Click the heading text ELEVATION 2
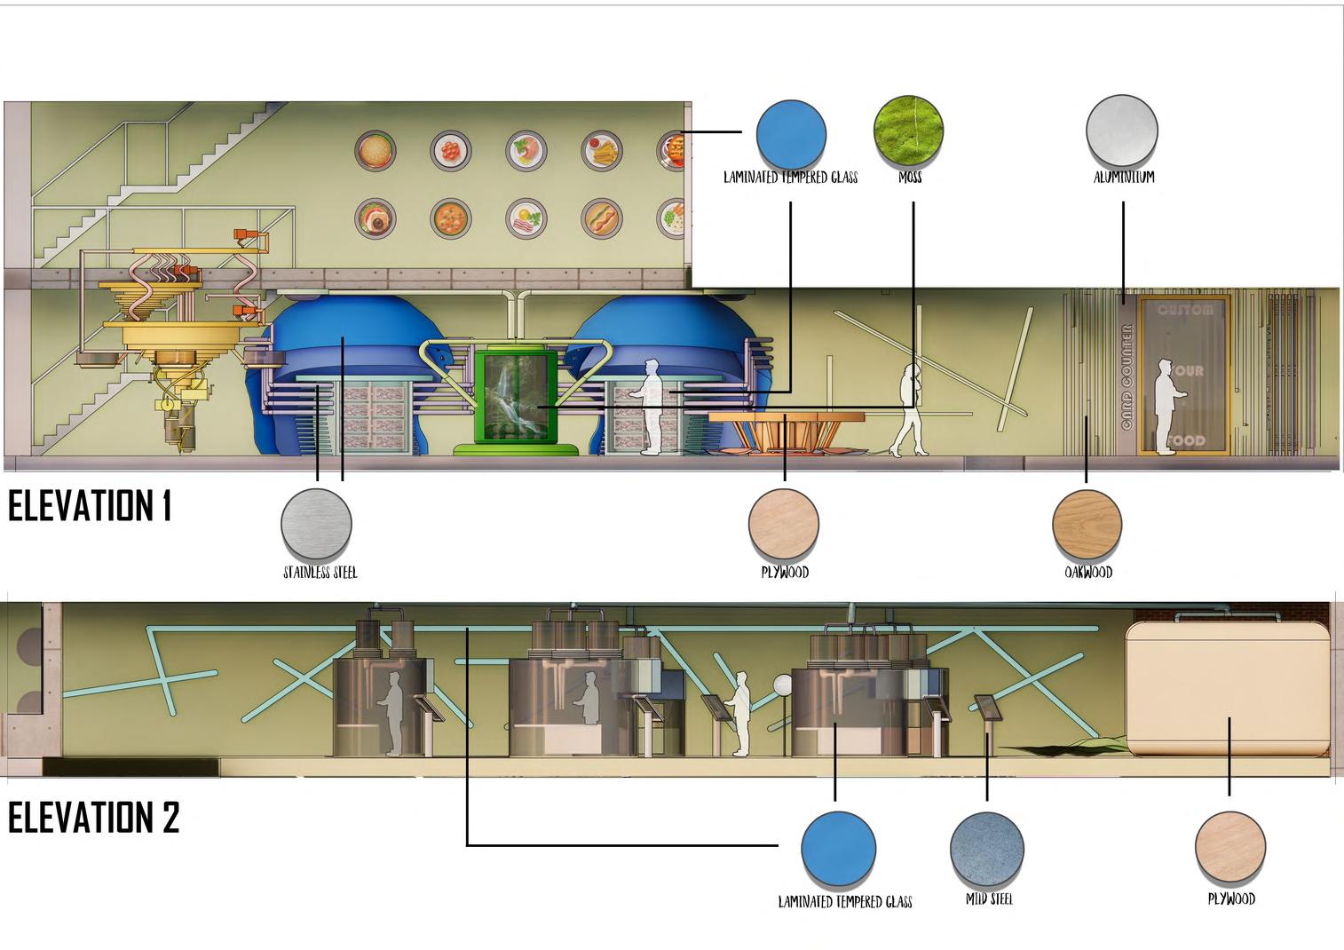[93, 818]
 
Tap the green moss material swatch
[908, 131]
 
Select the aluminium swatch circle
[1122, 131]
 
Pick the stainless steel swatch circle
[316, 524]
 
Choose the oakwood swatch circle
[1087, 524]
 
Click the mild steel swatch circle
[986, 848]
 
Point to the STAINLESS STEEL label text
[320, 573]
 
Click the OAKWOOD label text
[1088, 573]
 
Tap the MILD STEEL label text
[989, 899]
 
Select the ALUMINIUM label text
[1124, 177]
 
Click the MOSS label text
[910, 177]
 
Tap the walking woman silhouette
[910, 410]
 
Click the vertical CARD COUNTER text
[1127, 376]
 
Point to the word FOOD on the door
[1186, 440]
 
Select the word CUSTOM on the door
[1185, 310]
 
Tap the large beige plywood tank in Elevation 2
[1229, 687]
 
